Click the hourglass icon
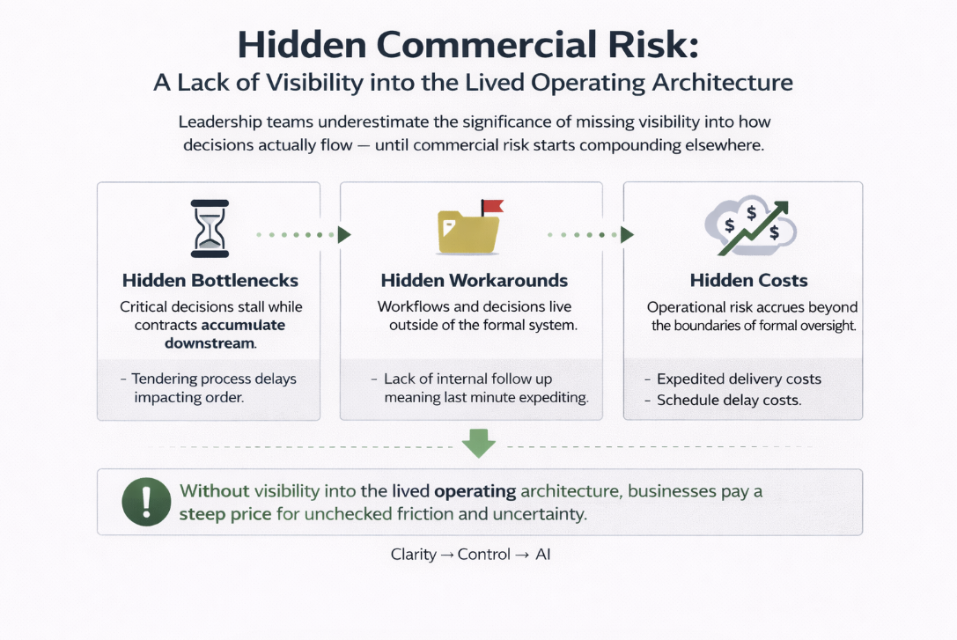[209, 229]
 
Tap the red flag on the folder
[492, 208]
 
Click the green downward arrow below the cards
[479, 443]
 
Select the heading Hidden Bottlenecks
[210, 281]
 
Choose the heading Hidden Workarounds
[474, 281]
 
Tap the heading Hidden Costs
[748, 281]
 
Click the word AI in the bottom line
[542, 555]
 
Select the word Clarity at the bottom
[415, 555]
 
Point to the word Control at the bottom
[483, 555]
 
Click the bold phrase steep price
[225, 513]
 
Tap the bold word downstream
[210, 343]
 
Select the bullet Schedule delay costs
[729, 400]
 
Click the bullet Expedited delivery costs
[740, 379]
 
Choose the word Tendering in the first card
[166, 379]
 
